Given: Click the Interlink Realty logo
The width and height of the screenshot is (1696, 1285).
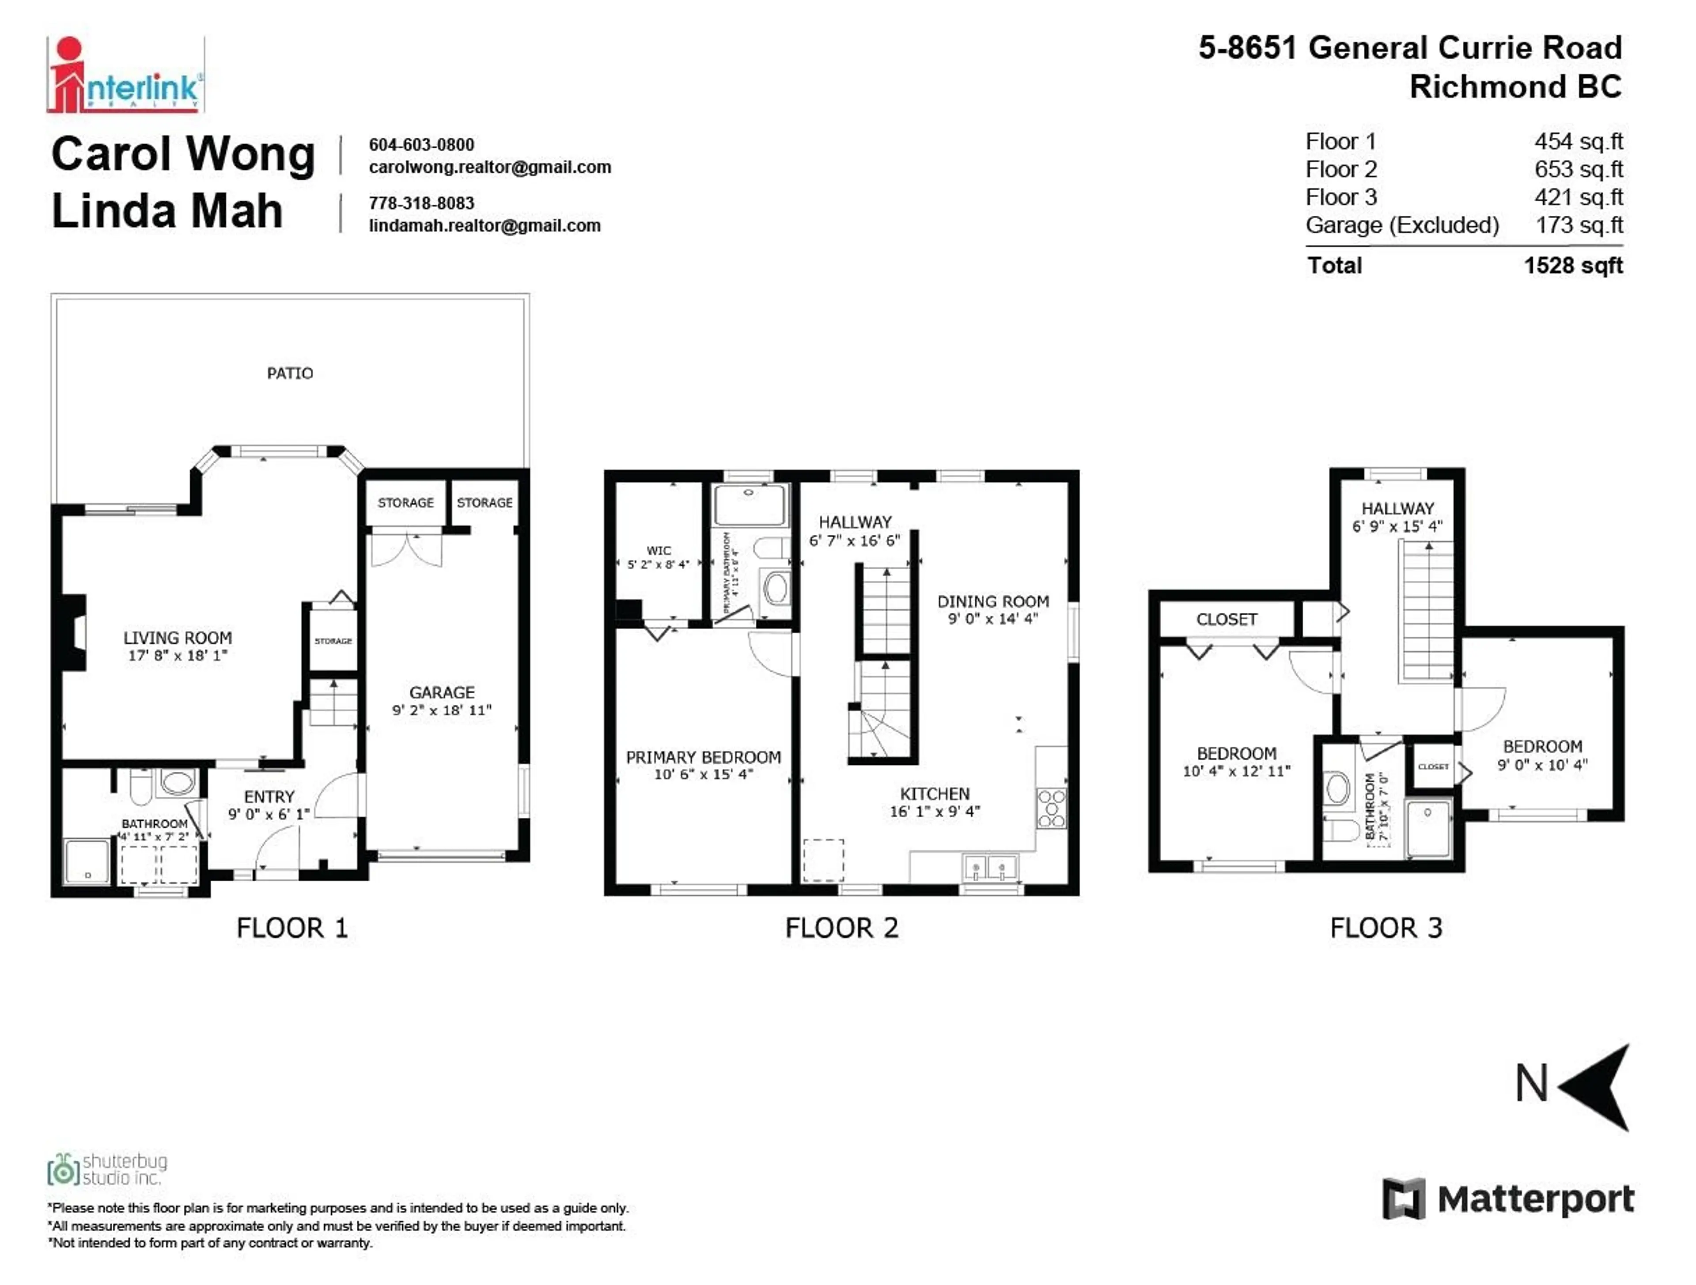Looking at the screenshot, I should pos(125,75).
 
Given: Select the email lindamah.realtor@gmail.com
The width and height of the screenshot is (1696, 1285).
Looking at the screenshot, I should pos(485,226).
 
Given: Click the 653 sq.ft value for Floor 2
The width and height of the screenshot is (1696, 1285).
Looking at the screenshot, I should pos(1578,169).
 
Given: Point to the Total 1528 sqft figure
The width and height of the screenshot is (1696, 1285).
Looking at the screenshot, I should pos(1573,266).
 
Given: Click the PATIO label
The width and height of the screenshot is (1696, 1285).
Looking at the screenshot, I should pos(290,374).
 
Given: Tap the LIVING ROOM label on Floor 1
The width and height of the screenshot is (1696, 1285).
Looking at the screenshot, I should pos(178,638).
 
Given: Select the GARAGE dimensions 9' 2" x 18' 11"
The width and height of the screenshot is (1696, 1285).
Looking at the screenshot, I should pos(442,710).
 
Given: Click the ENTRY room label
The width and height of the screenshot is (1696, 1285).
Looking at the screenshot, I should pos(269,797).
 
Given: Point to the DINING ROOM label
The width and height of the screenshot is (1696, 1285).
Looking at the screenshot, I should pos(993,601).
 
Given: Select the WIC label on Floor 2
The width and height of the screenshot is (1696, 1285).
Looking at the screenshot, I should pos(659,551).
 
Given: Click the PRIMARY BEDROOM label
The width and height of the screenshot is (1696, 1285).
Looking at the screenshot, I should pos(703,757).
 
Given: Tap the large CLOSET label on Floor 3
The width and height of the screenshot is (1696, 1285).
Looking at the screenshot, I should pos(1227,619).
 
